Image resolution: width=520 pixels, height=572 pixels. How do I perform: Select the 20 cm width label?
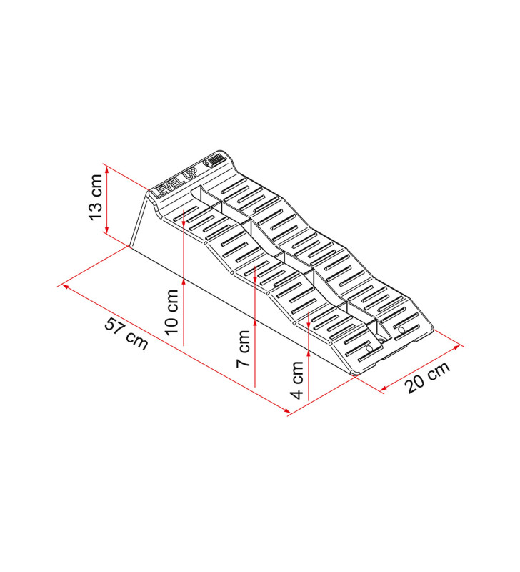(429, 377)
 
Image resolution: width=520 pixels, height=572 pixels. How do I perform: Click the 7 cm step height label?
(244, 349)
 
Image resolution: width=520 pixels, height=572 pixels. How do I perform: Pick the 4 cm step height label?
(297, 379)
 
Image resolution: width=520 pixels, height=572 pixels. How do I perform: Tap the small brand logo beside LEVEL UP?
(215, 162)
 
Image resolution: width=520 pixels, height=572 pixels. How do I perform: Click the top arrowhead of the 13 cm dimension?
(106, 168)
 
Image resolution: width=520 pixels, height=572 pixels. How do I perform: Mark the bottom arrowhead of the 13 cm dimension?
(106, 230)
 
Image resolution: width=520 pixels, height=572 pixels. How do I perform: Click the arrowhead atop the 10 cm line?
(184, 215)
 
